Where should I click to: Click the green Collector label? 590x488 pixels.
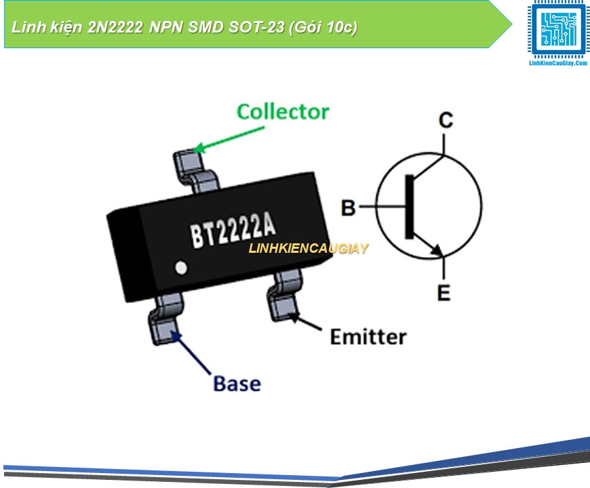[283, 112]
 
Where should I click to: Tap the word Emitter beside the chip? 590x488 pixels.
[368, 337]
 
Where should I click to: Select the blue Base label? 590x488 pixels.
[237, 384]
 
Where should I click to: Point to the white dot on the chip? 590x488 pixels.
[181, 268]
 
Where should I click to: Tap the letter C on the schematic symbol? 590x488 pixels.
[446, 121]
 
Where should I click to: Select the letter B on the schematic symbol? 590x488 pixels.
[348, 207]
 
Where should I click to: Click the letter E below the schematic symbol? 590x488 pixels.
[444, 293]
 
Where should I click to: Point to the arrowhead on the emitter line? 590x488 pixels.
[439, 250]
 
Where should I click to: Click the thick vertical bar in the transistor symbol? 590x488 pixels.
[409, 207]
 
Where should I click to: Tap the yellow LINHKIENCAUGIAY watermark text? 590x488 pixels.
[308, 249]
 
